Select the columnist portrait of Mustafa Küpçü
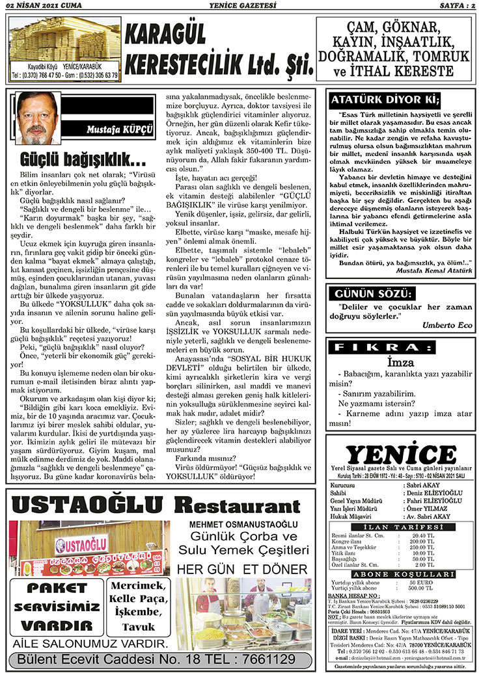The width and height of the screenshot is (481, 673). point(40,119)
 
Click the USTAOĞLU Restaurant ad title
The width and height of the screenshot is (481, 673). point(146,505)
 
